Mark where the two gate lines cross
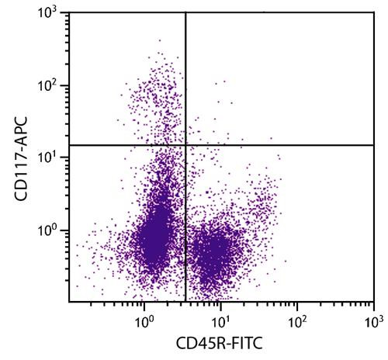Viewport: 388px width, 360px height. click(185, 145)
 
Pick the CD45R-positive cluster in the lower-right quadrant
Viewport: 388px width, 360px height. click(211, 252)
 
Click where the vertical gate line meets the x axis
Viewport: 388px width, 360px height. click(185, 301)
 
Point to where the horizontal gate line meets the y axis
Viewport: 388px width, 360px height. click(70, 145)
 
